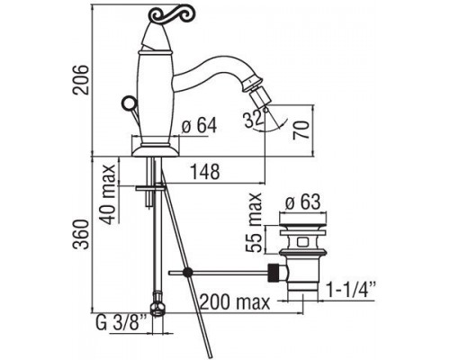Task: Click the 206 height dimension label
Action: pyautogui.click(x=82, y=79)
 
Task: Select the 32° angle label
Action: pyautogui.click(x=255, y=119)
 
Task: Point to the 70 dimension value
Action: pyautogui.click(x=301, y=129)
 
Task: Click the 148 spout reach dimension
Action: pyautogui.click(x=206, y=172)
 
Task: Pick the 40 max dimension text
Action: pyautogui.click(x=108, y=194)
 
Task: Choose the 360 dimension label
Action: pyautogui.click(x=82, y=234)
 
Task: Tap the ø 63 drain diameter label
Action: pyautogui.click(x=303, y=202)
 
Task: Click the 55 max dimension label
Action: pyautogui.click(x=254, y=222)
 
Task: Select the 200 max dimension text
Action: pyautogui.click(x=235, y=302)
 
